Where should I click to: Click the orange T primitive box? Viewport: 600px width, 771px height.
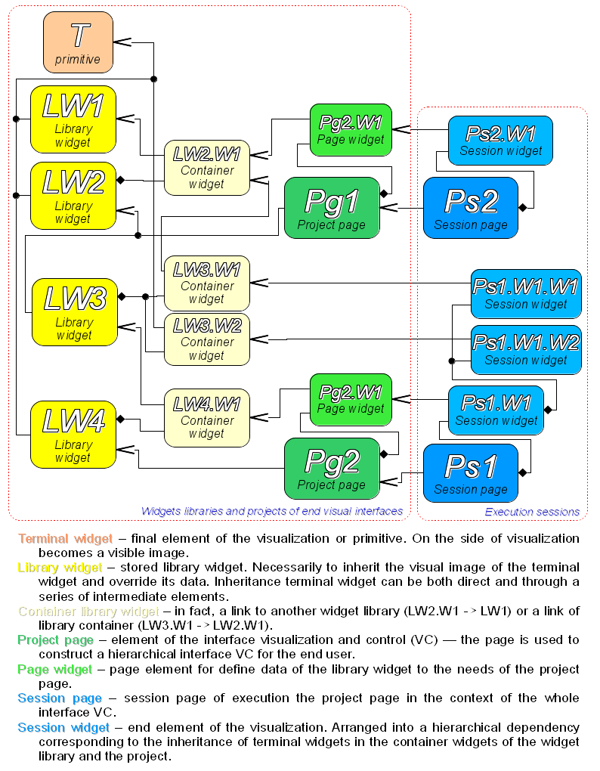click(78, 43)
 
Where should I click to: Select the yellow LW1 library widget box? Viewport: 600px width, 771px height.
click(73, 119)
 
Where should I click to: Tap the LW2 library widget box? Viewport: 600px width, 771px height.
click(73, 196)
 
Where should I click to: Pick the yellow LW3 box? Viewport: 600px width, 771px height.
click(74, 312)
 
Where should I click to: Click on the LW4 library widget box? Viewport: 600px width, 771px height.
click(73, 435)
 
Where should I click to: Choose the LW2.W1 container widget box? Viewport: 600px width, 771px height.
click(206, 168)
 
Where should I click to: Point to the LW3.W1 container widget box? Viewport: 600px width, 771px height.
click(206, 283)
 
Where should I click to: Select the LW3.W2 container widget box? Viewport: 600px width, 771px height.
click(206, 339)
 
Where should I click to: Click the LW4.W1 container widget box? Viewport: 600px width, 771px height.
click(206, 418)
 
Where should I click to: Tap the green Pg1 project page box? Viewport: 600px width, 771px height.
click(331, 208)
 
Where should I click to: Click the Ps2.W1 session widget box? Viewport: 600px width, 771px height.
click(500, 140)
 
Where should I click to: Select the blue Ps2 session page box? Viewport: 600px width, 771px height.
click(470, 208)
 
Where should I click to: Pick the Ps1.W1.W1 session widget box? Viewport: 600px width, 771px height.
click(526, 293)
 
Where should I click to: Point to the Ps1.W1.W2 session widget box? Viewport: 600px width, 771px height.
click(526, 349)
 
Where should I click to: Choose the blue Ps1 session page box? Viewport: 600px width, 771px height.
click(470, 473)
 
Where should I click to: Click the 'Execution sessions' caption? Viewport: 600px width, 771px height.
click(532, 512)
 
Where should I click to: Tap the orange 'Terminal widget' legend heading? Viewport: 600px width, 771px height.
click(65, 539)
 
